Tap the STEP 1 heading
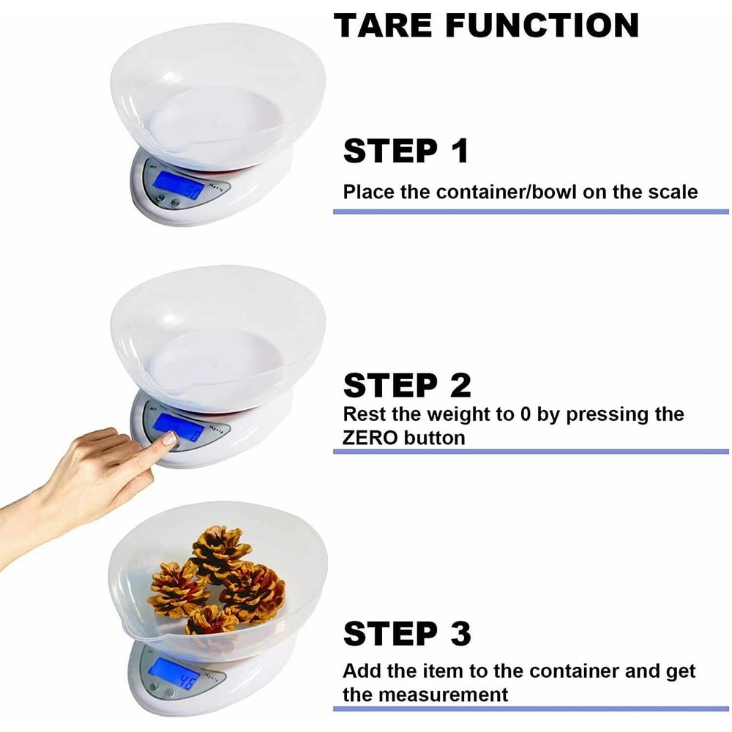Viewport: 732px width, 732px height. (x=406, y=151)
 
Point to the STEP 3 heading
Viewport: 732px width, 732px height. (x=407, y=634)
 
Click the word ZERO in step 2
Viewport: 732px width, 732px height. (x=370, y=438)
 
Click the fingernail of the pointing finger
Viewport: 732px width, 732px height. (x=168, y=439)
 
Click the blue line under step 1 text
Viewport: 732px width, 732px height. (x=531, y=212)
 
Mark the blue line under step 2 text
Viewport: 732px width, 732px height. (x=531, y=452)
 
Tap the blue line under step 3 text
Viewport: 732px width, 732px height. (x=531, y=709)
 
